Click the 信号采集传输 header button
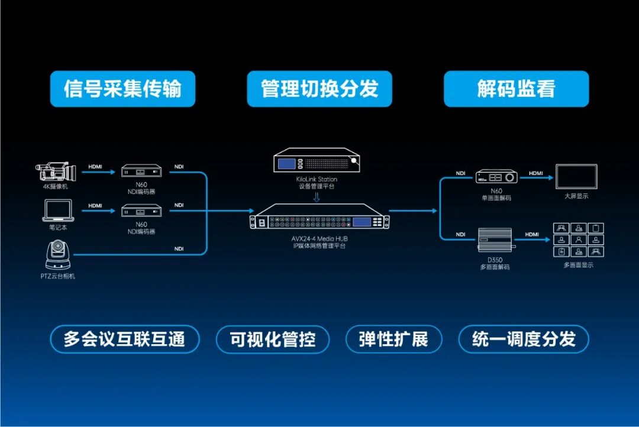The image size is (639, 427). pyautogui.click(x=122, y=89)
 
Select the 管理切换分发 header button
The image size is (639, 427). pyautogui.click(x=319, y=89)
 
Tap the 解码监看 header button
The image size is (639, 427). pyautogui.click(x=516, y=89)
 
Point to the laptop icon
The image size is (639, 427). pyautogui.click(x=58, y=210)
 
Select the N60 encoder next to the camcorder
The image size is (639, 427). pyautogui.click(x=141, y=172)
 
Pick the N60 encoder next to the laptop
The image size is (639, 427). pyautogui.click(x=141, y=211)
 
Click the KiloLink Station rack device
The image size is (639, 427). pyautogui.click(x=318, y=161)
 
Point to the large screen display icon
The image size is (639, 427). pyautogui.click(x=576, y=176)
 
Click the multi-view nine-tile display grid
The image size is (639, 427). pyautogui.click(x=579, y=240)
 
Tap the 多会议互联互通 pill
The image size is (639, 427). pyautogui.click(x=124, y=339)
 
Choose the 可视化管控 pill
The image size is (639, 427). pyautogui.click(x=272, y=339)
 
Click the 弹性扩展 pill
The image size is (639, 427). pyautogui.click(x=393, y=339)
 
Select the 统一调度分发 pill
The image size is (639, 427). pyautogui.click(x=524, y=339)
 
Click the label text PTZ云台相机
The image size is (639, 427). pyautogui.click(x=58, y=276)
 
